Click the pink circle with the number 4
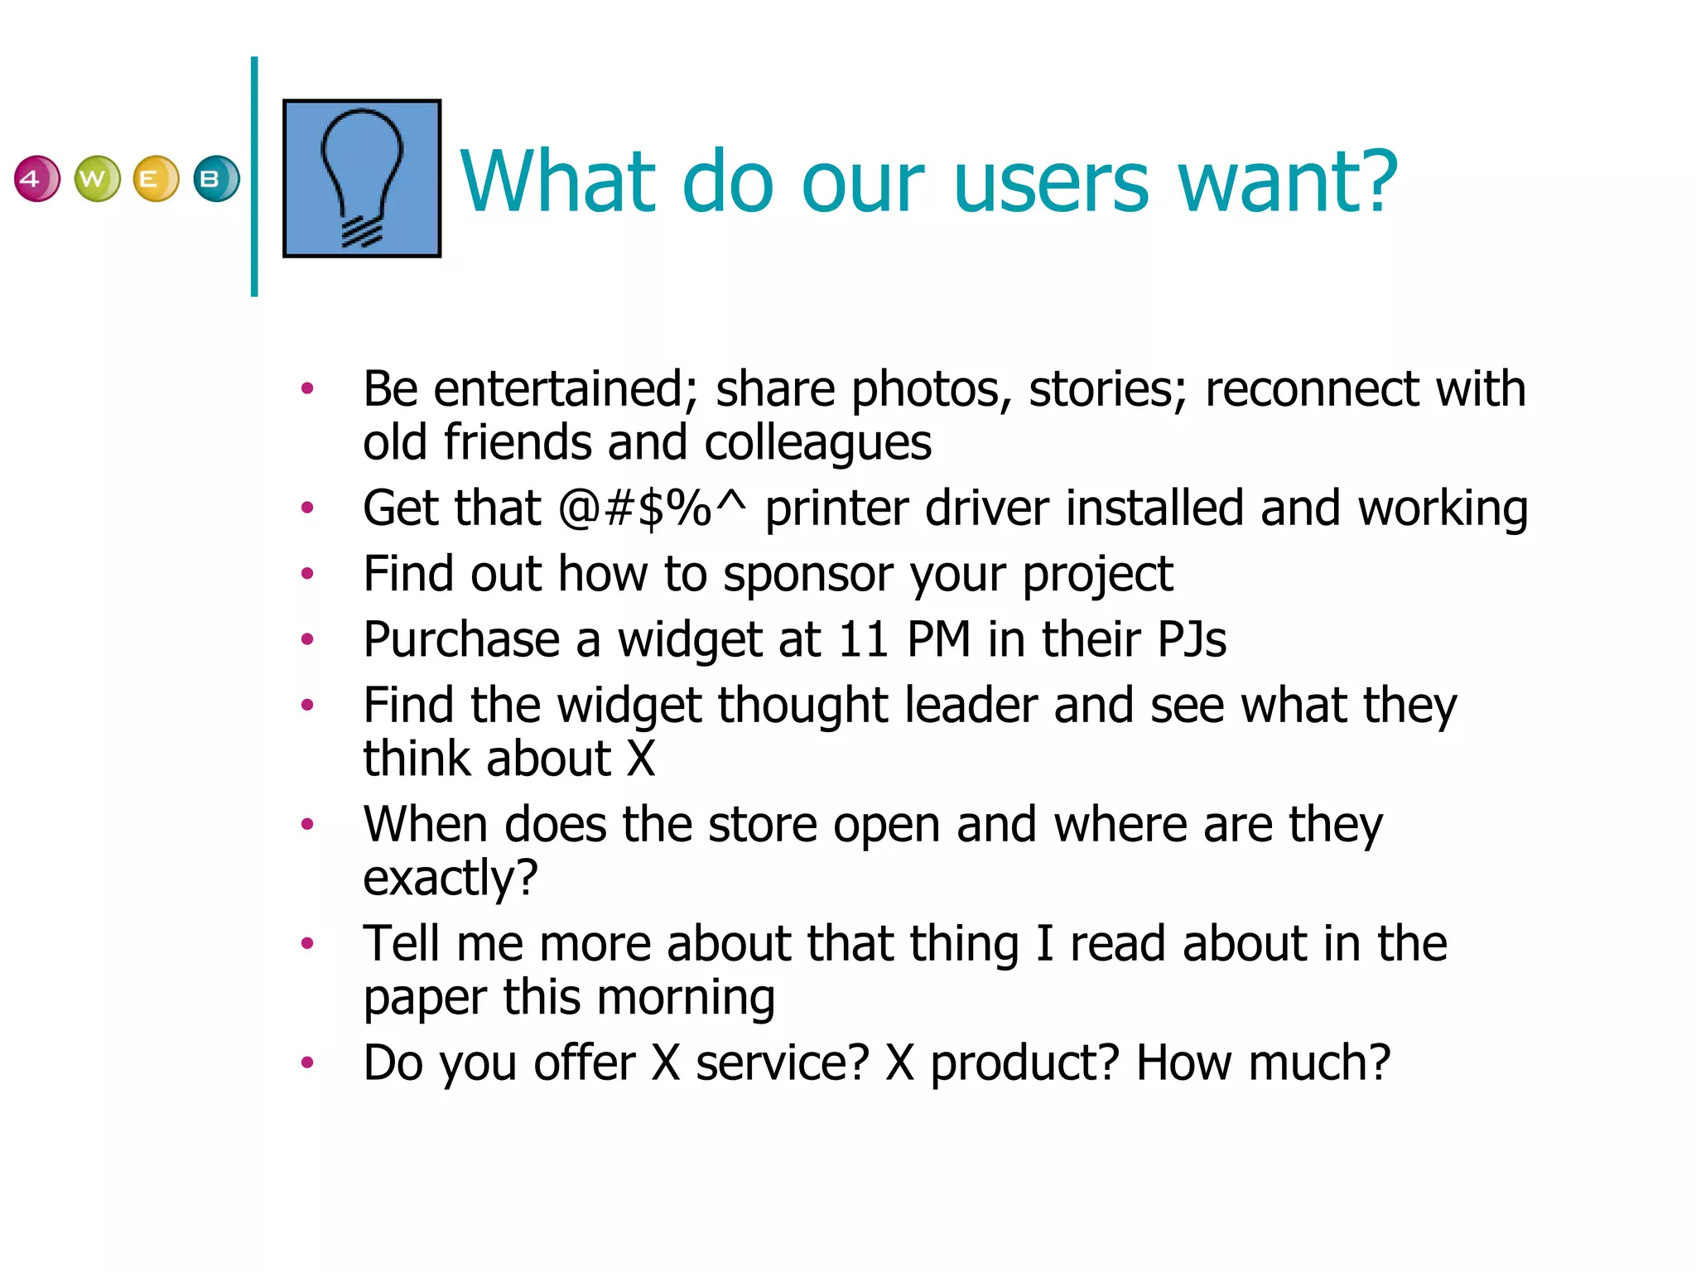(36, 179)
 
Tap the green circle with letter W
(97, 179)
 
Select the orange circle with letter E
(156, 179)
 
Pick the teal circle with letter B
(216, 179)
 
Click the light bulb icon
(362, 178)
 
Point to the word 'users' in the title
(1052, 182)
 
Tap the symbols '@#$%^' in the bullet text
(653, 508)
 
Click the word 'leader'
(971, 706)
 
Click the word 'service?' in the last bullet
(782, 1063)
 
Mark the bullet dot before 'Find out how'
(307, 573)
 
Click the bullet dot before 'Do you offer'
(307, 1062)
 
